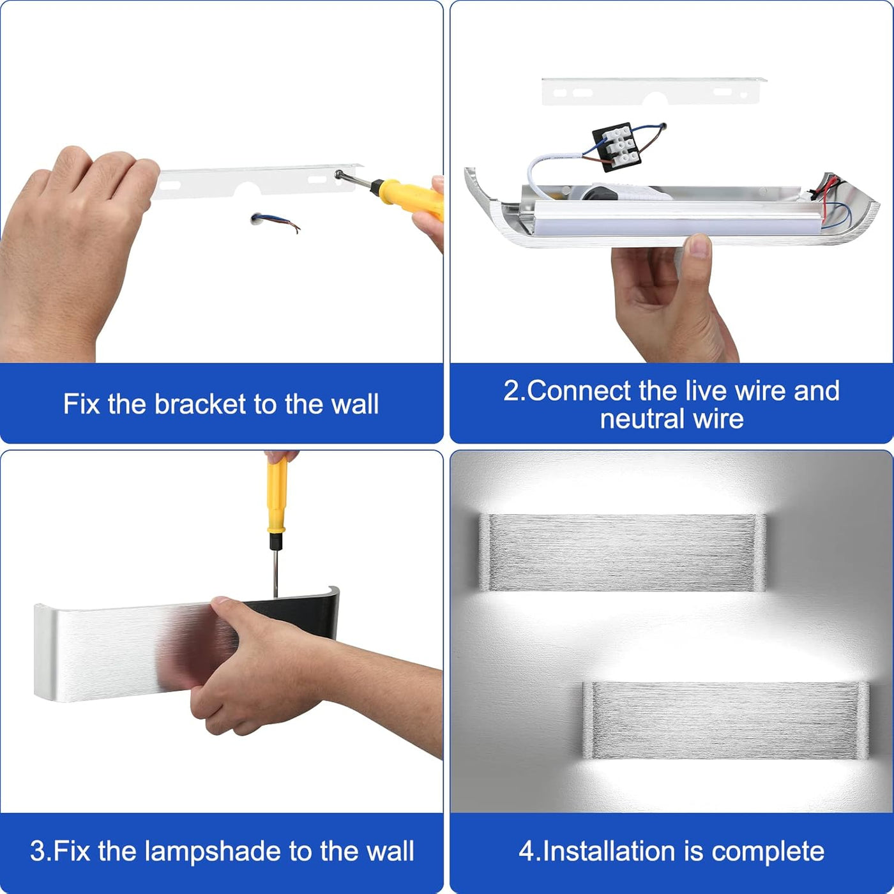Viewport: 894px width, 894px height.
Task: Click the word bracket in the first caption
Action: (x=199, y=404)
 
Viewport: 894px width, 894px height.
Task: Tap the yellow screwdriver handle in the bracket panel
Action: (x=408, y=198)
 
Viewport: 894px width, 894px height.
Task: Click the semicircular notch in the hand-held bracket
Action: (x=246, y=189)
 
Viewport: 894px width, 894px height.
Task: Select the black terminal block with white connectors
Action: (x=617, y=148)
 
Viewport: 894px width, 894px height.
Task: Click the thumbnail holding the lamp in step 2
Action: (x=699, y=246)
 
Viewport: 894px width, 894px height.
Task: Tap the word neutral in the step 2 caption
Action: (x=642, y=419)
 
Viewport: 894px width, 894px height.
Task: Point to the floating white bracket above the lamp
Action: (x=653, y=91)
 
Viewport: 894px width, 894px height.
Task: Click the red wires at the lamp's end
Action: (x=830, y=191)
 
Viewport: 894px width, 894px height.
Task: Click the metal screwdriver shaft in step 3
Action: (x=276, y=573)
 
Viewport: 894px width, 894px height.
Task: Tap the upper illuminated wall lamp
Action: (x=622, y=552)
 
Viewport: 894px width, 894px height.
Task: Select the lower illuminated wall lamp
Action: (x=725, y=720)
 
